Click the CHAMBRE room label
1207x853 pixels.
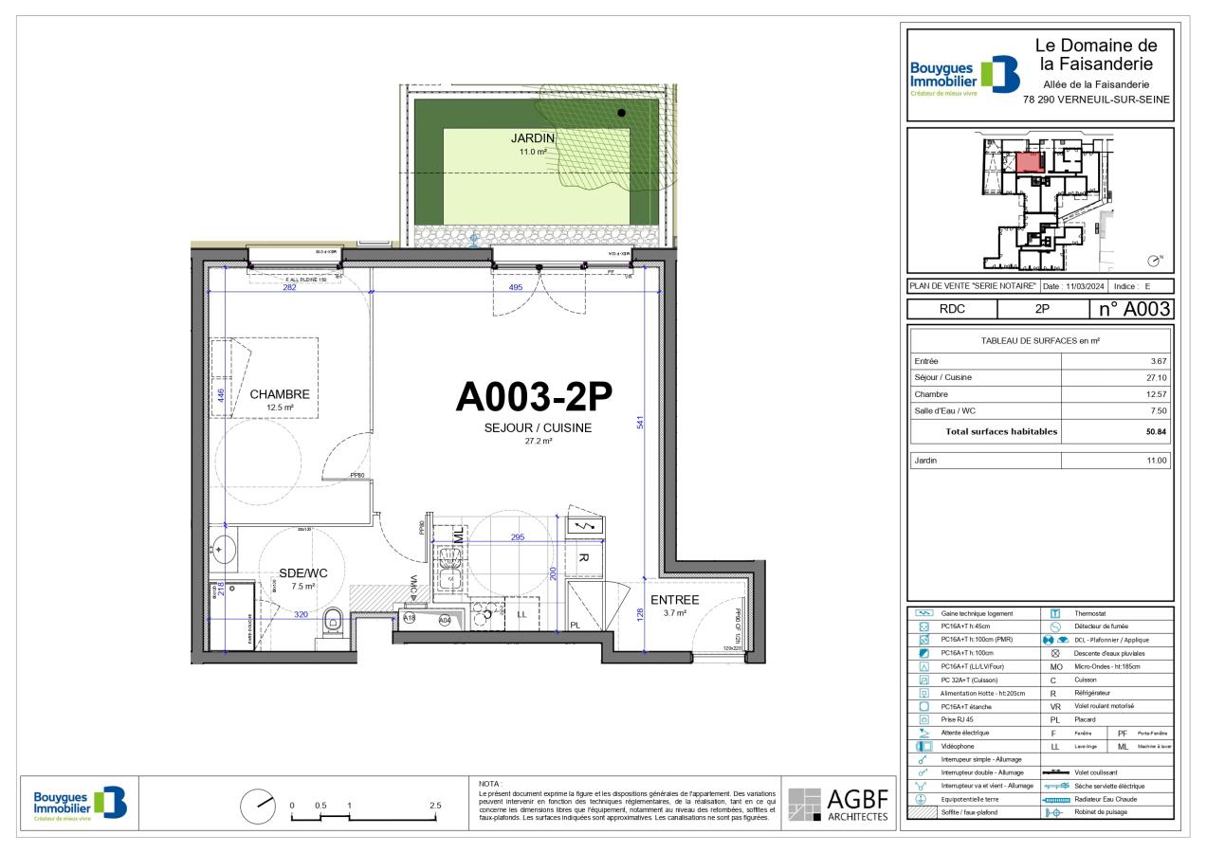tap(280, 394)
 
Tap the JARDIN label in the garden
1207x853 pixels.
tap(532, 138)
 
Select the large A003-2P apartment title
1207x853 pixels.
tap(537, 396)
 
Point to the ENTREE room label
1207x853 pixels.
tap(674, 600)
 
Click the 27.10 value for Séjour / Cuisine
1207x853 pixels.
tap(1157, 377)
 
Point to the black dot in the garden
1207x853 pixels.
tap(621, 113)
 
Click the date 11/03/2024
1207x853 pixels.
tap(1087, 286)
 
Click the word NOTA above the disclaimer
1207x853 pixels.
tap(490, 784)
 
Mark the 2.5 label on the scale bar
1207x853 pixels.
tap(434, 806)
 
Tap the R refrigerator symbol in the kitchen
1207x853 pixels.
tap(584, 558)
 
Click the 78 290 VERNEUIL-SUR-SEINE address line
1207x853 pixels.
tap(1096, 99)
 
